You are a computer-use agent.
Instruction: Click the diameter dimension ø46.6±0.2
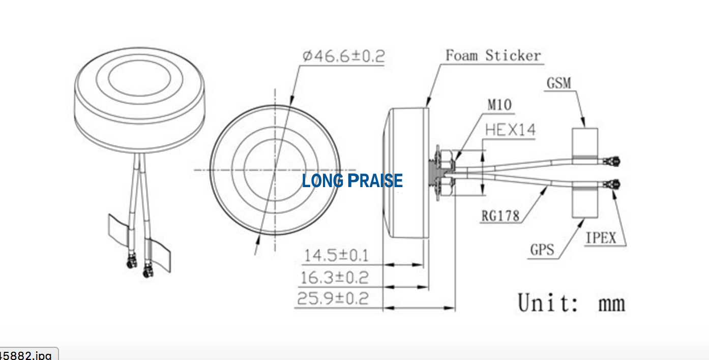pyautogui.click(x=343, y=55)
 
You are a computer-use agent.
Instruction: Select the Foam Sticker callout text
pyautogui.click(x=493, y=55)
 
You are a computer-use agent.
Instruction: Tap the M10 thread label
pyautogui.click(x=500, y=105)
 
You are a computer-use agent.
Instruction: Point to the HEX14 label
pyautogui.click(x=510, y=130)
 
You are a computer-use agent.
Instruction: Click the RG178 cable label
pyautogui.click(x=500, y=216)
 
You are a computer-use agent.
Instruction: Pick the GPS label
pyautogui.click(x=542, y=250)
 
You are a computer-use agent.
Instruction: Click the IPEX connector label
pyautogui.click(x=601, y=238)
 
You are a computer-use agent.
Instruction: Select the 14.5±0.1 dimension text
pyautogui.click(x=336, y=255)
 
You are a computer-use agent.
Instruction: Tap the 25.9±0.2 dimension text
pyautogui.click(x=333, y=298)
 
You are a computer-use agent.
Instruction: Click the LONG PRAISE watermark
pyautogui.click(x=352, y=181)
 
